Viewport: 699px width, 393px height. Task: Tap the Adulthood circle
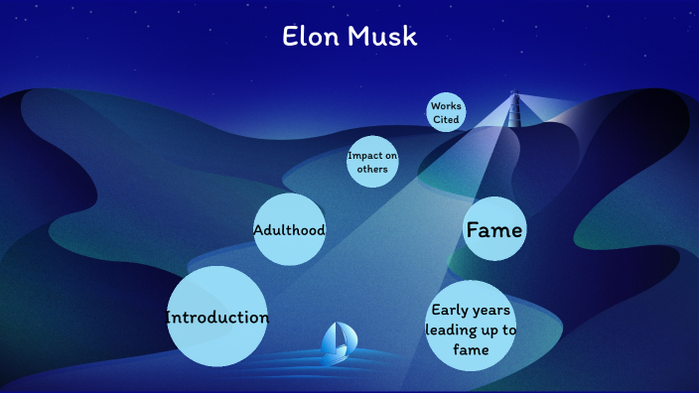point(289,230)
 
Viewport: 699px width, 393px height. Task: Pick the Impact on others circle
point(372,162)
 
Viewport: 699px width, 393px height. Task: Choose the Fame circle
point(494,230)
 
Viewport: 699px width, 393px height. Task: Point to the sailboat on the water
point(338,340)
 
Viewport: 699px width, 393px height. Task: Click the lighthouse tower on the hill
point(514,108)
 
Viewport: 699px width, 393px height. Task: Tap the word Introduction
point(216,318)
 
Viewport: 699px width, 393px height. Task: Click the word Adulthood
point(289,230)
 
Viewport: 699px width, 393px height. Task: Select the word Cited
point(446,119)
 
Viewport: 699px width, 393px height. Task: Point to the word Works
point(446,106)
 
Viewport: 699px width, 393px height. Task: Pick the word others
point(372,169)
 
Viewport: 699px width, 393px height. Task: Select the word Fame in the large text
point(494,230)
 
